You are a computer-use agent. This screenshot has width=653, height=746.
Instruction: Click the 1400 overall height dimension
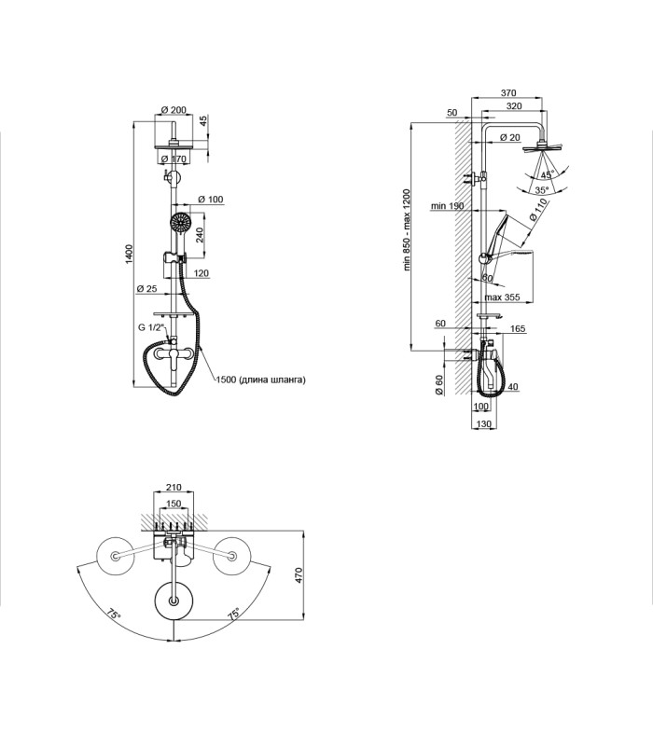coord(129,255)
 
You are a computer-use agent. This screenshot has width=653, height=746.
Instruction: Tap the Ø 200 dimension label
coord(174,110)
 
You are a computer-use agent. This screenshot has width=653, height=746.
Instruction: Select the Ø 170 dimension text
coord(174,159)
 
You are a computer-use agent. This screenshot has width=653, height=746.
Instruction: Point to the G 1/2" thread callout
coord(151,327)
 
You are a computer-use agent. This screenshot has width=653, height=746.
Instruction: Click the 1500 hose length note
coord(261,380)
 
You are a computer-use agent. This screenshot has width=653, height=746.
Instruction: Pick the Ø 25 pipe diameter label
coord(146,288)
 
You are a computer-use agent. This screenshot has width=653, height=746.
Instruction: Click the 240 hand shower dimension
coord(200,235)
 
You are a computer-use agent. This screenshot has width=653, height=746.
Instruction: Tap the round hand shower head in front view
coord(180,222)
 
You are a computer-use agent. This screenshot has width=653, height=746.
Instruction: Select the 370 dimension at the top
coord(508,92)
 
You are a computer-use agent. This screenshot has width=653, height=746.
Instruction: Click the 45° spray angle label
coord(547,174)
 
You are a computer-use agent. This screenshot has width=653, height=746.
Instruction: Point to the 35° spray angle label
coord(542,190)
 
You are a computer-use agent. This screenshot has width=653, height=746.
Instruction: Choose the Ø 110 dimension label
coord(538,210)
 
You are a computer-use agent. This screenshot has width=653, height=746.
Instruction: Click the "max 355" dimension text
coord(502,297)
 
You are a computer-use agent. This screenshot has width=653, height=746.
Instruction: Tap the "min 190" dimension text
coord(447,206)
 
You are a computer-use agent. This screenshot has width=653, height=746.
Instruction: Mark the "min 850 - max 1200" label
coord(407,230)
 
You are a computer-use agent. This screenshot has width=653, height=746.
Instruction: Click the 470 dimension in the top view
coord(299,575)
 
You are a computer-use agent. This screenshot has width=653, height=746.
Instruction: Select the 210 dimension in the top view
coord(174,487)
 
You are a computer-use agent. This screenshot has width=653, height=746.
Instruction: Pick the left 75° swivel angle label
coord(114,614)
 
